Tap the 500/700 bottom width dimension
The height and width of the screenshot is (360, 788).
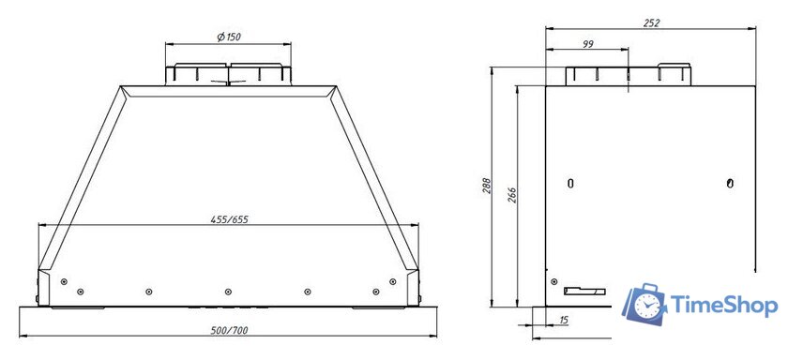point(228,330)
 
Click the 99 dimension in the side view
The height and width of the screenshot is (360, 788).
point(587,44)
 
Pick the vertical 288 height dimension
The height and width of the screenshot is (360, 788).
point(486,187)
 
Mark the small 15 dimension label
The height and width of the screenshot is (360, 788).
point(563,321)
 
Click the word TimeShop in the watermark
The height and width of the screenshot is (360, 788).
point(722,305)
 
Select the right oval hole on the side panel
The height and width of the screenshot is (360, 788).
point(731,182)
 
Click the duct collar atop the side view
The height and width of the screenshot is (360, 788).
point(628,75)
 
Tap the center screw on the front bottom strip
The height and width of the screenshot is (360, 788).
point(228,291)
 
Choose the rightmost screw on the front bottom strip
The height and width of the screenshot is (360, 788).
point(391,280)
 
